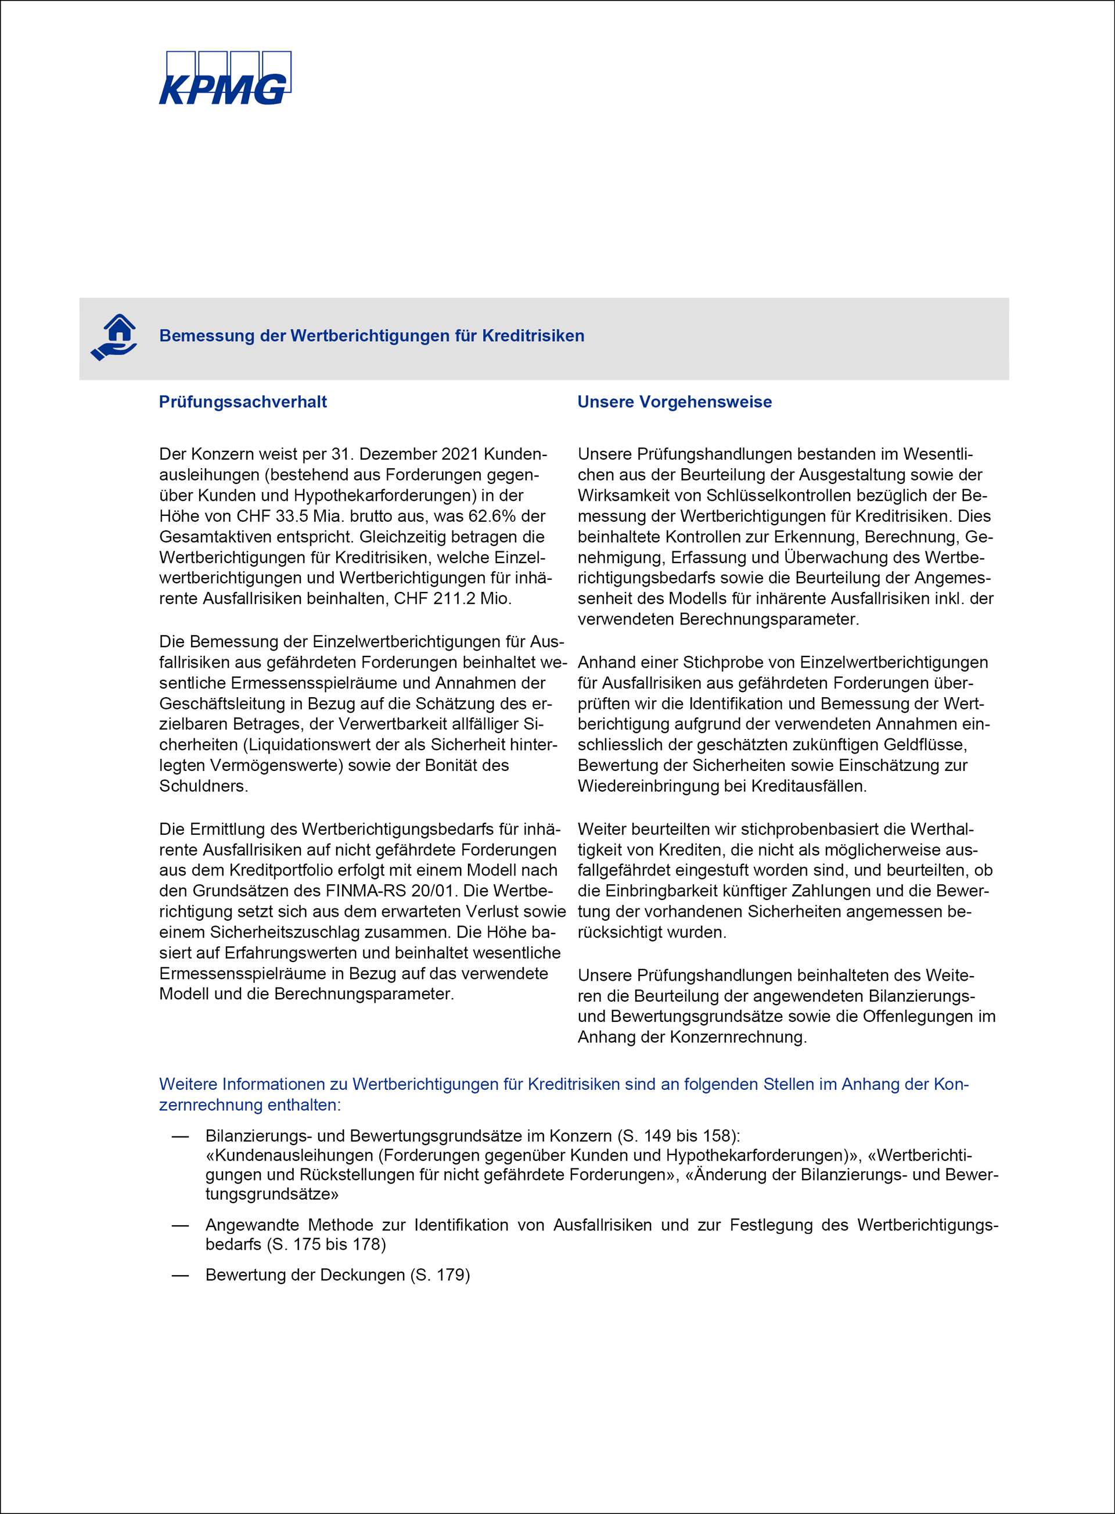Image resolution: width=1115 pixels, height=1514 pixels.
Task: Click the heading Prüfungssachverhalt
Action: click(x=242, y=402)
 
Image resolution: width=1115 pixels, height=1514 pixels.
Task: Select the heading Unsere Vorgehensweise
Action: click(x=674, y=402)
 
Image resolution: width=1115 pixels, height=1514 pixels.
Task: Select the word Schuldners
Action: click(x=203, y=787)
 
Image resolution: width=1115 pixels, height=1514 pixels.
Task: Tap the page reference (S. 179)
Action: click(x=440, y=1275)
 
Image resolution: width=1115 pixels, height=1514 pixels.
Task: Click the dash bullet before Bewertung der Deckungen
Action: click(x=179, y=1275)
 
